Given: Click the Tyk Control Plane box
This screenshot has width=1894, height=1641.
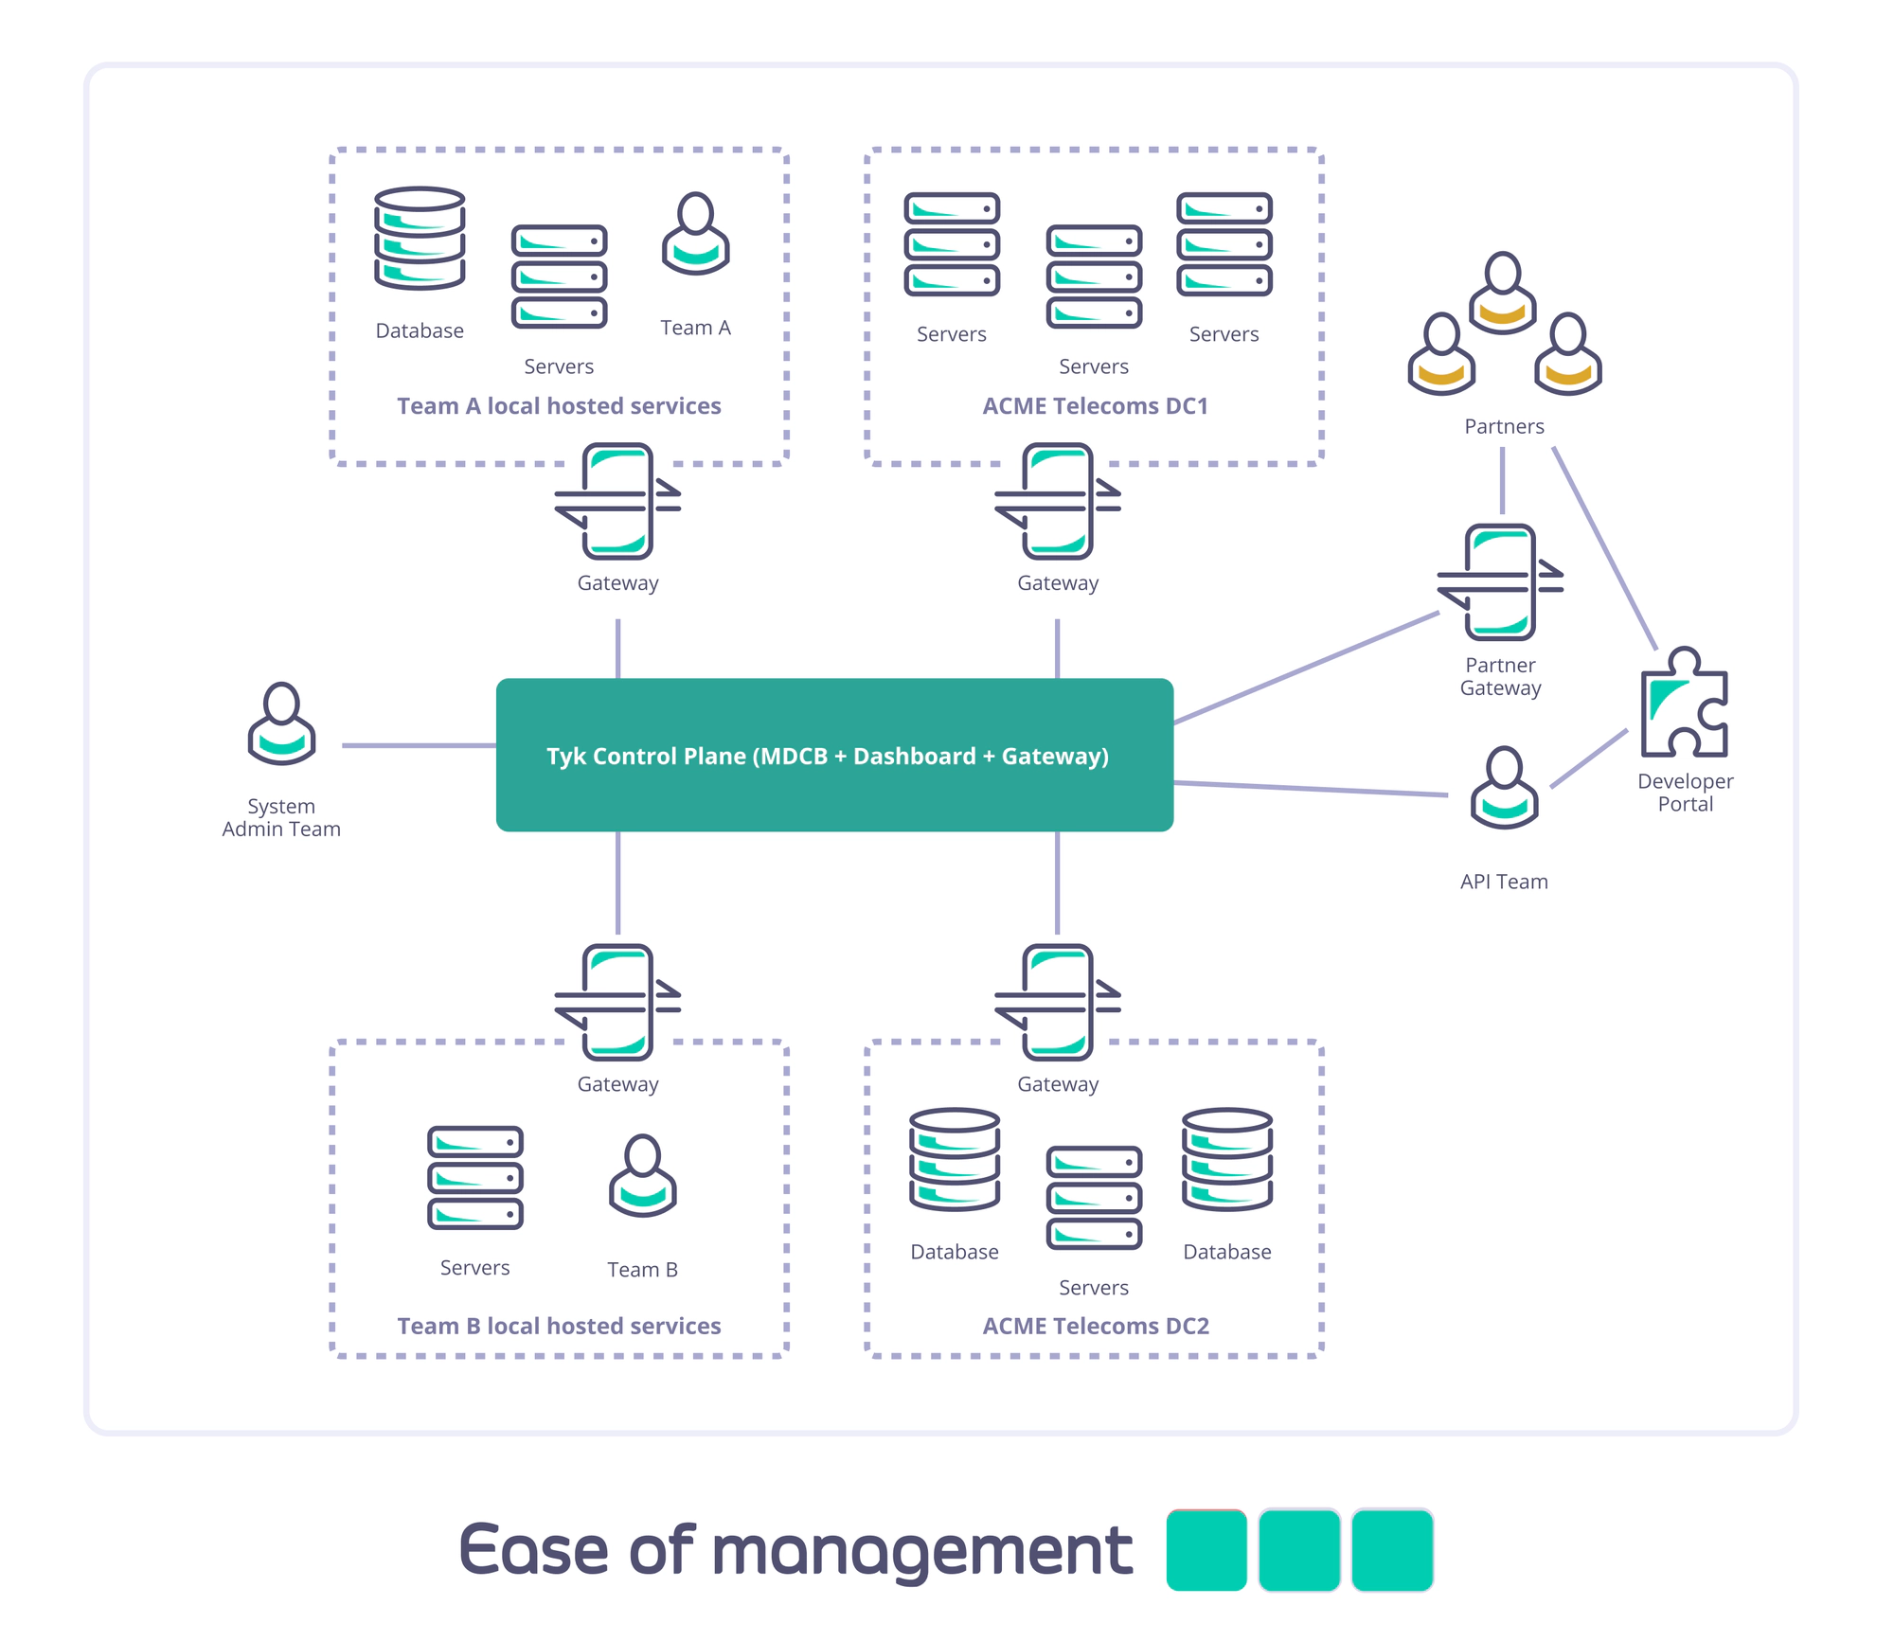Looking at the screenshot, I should [834, 755].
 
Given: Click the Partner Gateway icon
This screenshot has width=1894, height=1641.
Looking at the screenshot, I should [1500, 582].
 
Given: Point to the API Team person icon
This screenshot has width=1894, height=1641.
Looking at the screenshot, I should [1504, 788].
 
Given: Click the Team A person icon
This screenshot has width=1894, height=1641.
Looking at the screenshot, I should [695, 234].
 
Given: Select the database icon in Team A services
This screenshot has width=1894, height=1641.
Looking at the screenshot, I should [420, 238].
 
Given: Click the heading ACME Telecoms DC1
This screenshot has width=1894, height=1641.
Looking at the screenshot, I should [1095, 406].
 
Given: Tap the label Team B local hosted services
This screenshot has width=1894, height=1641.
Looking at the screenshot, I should [559, 1326].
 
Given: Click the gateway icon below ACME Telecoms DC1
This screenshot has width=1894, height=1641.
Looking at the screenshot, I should [1058, 501].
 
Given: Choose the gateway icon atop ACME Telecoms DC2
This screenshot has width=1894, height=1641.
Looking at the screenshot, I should [1058, 1002].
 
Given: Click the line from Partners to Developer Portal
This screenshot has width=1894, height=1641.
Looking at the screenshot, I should [1604, 549].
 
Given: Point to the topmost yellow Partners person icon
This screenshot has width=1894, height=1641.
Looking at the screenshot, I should [1502, 293].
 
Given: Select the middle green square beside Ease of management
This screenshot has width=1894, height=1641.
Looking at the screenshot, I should [1298, 1550].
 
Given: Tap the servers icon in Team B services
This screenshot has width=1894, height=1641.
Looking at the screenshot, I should [474, 1178].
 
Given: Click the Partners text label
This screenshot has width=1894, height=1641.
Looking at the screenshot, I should [1504, 427].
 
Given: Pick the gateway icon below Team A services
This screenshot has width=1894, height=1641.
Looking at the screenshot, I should [617, 501].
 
